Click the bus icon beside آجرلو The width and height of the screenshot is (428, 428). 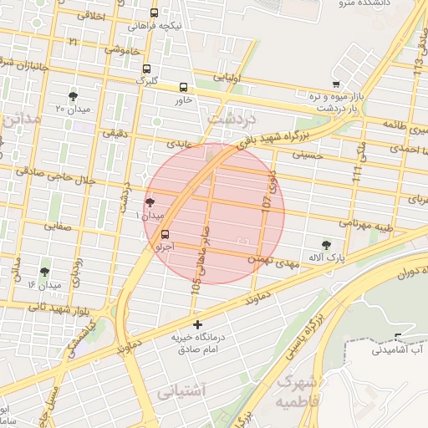point(164,234)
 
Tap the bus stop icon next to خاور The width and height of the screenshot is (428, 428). point(183,87)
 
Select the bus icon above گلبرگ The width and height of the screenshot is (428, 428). point(147,69)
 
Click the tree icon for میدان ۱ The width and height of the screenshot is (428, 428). point(150,202)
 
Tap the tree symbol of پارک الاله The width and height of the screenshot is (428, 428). point(326,245)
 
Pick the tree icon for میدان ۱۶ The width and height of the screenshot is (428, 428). point(44,272)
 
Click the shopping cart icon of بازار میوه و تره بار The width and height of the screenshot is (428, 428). point(336,84)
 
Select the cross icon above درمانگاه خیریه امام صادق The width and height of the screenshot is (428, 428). point(197,324)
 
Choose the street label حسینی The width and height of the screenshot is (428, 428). point(305,155)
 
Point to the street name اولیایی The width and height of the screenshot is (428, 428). point(227,78)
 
